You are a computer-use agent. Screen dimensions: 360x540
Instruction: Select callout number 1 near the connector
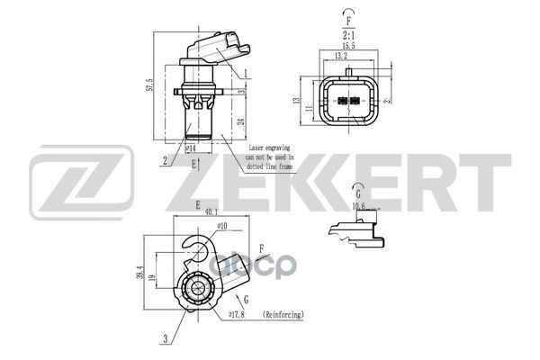pos(246,71)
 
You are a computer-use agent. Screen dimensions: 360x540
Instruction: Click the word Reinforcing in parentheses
pos(283,315)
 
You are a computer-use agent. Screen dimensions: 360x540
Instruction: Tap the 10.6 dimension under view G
pos(358,206)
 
